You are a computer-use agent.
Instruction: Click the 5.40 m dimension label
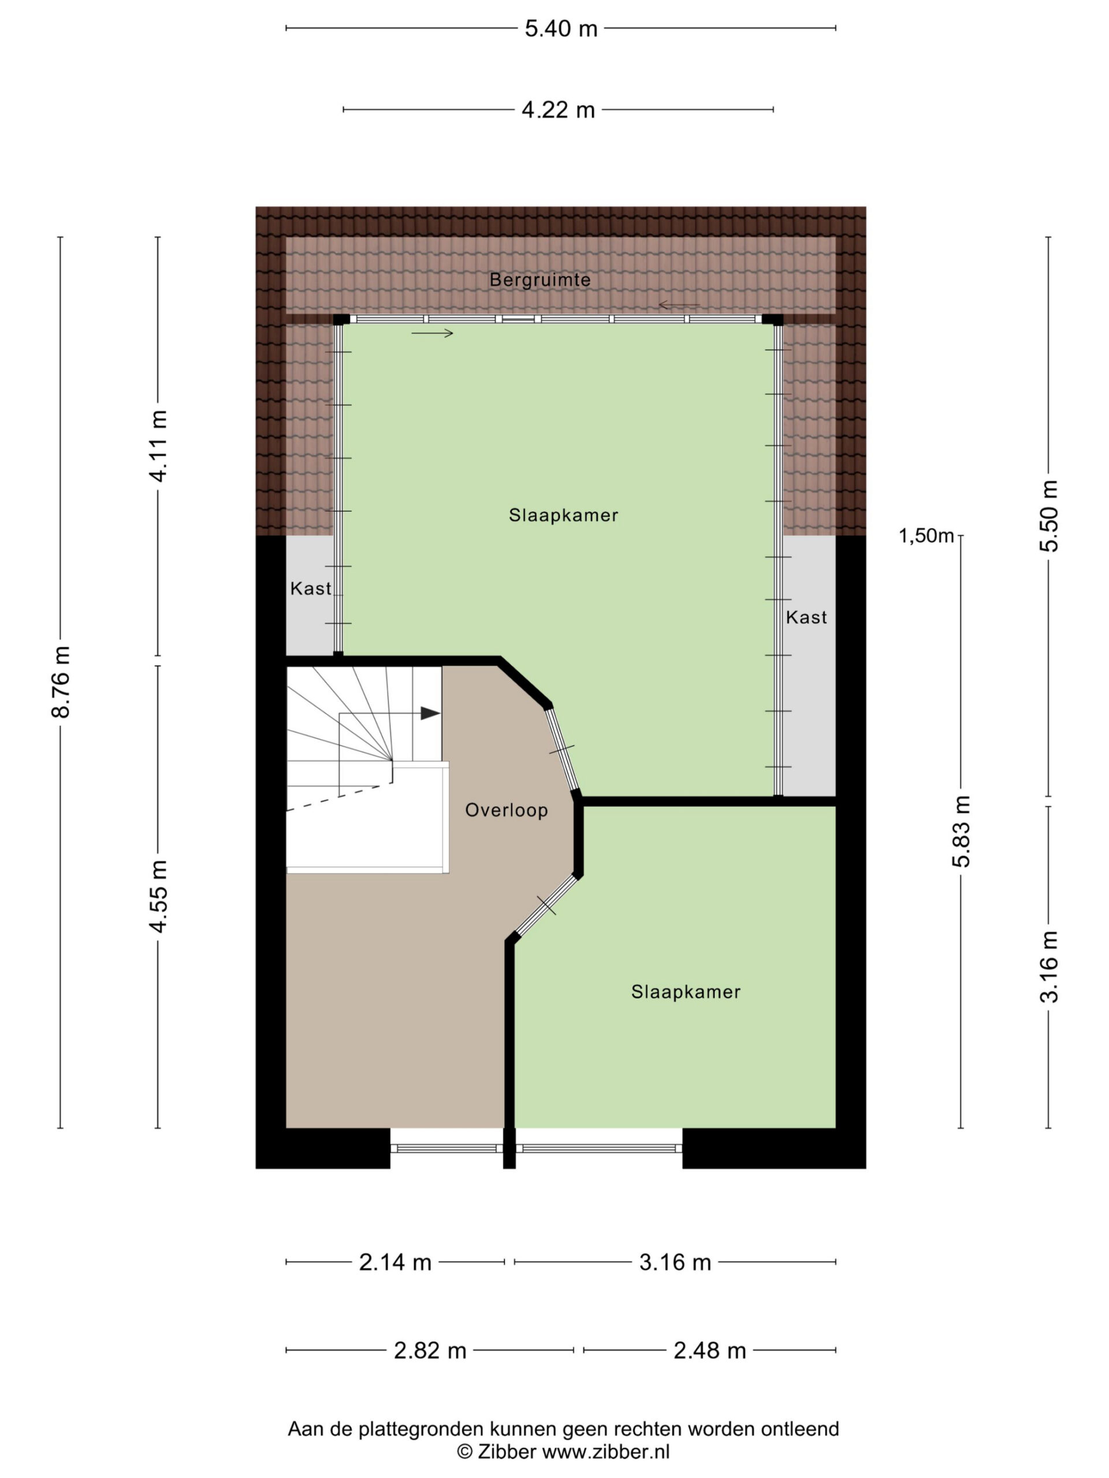[x=561, y=29]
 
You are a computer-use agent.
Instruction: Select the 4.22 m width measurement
[x=558, y=110]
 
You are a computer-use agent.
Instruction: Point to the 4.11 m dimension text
[x=158, y=446]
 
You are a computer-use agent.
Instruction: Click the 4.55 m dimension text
[x=158, y=896]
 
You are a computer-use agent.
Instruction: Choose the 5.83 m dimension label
[x=961, y=831]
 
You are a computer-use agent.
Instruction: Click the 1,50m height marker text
[x=926, y=536]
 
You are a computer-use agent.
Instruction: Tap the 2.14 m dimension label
[x=395, y=1262]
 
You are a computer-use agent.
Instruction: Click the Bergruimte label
[x=540, y=280]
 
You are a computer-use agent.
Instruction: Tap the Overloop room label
[x=507, y=811]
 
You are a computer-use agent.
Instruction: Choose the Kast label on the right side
[x=806, y=617]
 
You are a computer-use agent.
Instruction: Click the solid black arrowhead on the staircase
[x=430, y=714]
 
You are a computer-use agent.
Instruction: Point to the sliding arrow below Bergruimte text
[x=679, y=305]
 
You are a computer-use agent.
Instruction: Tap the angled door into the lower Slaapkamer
[x=545, y=905]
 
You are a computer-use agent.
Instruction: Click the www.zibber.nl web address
[x=606, y=1451]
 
